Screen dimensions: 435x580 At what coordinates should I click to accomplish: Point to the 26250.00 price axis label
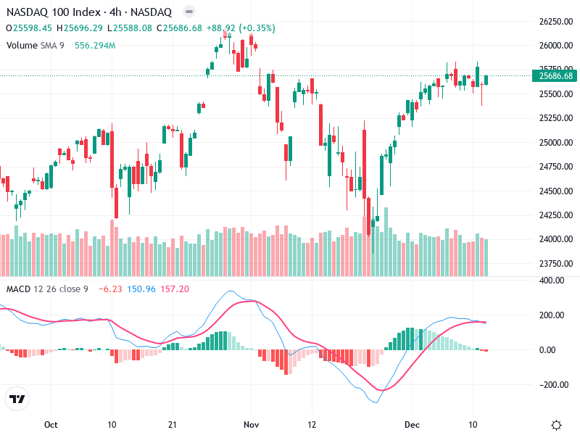coord(555,22)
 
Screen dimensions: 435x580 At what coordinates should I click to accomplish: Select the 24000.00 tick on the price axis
coord(555,239)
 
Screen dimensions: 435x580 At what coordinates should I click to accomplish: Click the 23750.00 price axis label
coord(555,263)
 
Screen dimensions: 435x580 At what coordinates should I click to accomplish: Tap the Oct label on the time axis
coord(50,424)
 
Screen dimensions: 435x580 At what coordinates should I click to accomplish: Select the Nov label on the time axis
coord(251,424)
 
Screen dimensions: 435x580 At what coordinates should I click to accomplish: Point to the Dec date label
coord(412,424)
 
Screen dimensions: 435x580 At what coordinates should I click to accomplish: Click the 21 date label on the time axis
coord(172,424)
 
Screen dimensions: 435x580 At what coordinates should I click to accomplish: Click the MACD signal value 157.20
coord(175,289)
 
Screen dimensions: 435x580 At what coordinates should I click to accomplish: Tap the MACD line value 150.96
coord(141,289)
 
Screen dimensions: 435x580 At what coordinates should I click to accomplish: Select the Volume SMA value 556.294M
coord(95,45)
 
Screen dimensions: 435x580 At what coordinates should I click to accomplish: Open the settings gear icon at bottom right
coord(556,424)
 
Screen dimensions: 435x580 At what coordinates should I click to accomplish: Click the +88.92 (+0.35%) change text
coord(241,28)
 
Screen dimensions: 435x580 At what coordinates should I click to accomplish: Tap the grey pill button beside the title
coord(188,12)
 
